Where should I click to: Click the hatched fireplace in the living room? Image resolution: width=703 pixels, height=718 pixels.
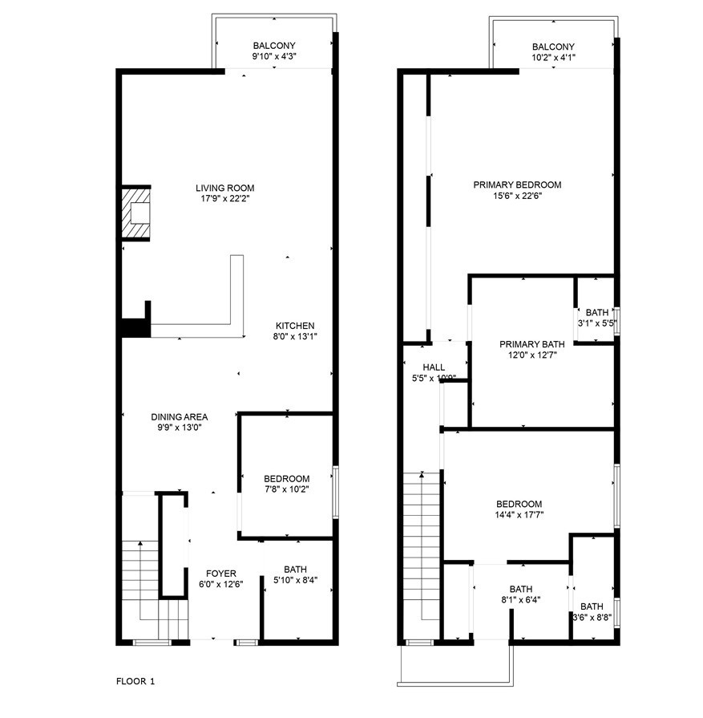click(x=136, y=213)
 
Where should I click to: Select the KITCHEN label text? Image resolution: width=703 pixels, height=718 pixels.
click(x=295, y=326)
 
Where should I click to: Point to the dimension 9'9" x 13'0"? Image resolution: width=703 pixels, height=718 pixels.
click(x=180, y=428)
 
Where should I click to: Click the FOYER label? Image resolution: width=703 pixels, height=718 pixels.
click(x=221, y=574)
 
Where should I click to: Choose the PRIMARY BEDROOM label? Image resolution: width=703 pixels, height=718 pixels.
click(x=517, y=185)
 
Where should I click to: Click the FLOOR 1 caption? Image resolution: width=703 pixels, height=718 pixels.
click(x=135, y=681)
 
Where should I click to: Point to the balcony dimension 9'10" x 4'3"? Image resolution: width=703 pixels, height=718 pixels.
click(x=275, y=57)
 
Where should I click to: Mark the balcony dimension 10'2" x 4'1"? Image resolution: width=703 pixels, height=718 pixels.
click(x=553, y=57)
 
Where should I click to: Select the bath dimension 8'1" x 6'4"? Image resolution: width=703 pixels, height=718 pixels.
click(x=521, y=598)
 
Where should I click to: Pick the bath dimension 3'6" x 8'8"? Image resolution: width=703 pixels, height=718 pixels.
click(x=592, y=617)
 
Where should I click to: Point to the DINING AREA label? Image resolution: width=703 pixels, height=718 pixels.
click(x=180, y=416)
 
